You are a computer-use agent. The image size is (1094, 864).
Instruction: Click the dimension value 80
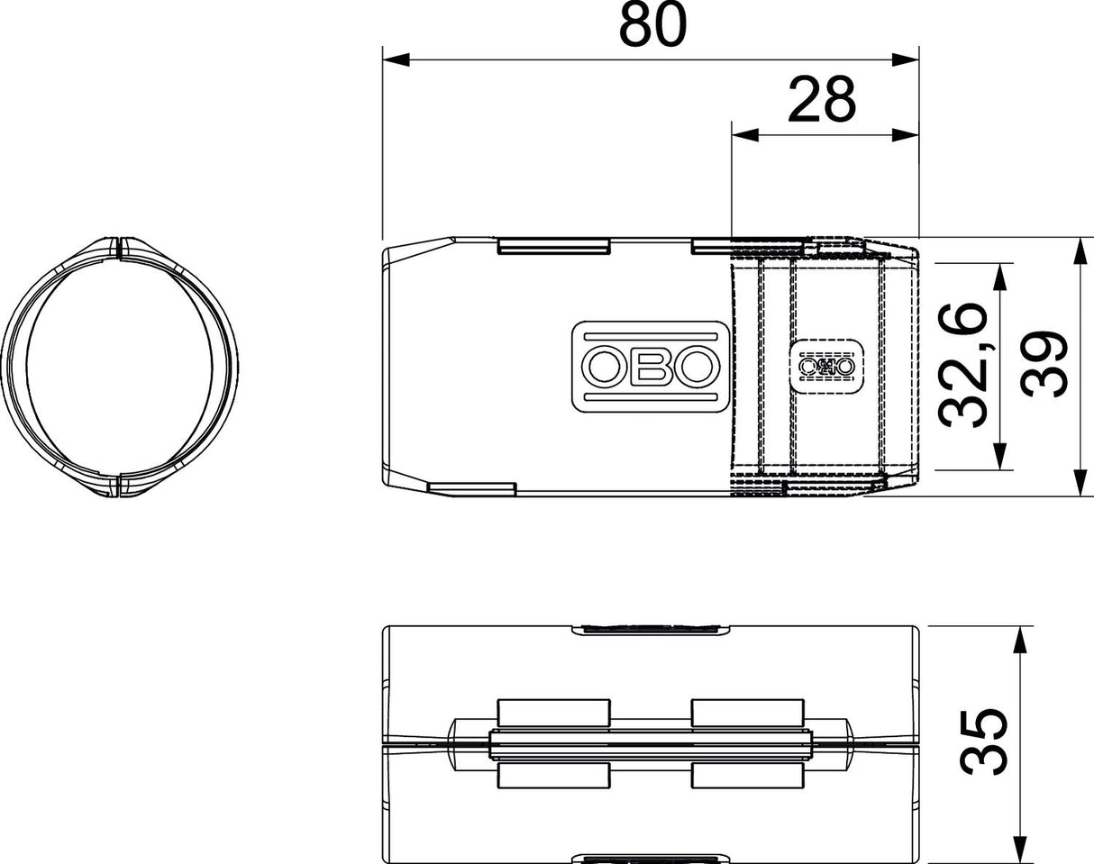click(x=652, y=25)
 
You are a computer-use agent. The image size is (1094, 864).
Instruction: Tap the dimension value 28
click(x=822, y=100)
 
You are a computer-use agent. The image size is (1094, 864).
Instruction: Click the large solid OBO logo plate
click(x=651, y=367)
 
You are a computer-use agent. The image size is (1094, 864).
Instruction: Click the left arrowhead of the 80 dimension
click(x=396, y=59)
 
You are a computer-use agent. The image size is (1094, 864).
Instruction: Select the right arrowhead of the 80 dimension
click(x=906, y=59)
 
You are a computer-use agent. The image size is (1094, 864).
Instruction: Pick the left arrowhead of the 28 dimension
click(x=744, y=135)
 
